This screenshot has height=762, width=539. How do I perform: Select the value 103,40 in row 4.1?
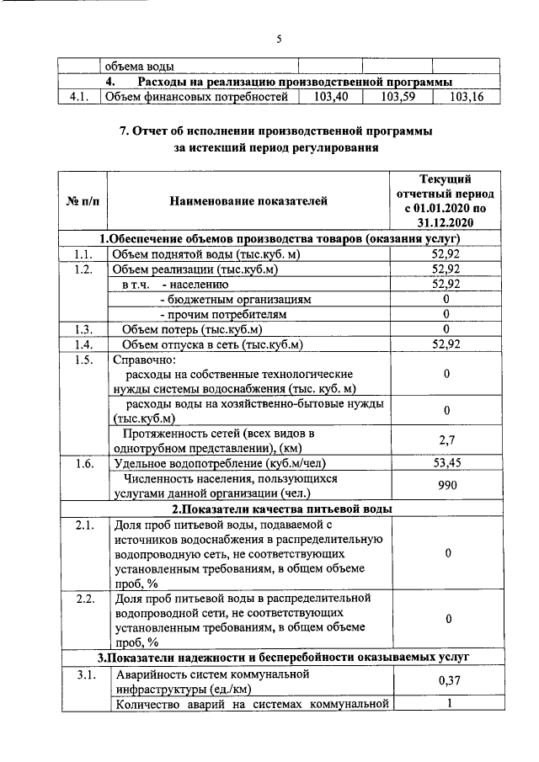(330, 97)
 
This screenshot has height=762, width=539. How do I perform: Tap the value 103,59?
(398, 97)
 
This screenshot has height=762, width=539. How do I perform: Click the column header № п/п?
(83, 200)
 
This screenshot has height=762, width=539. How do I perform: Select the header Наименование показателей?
(248, 200)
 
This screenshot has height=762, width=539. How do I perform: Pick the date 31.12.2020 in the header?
(446, 222)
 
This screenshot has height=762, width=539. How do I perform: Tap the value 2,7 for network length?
(446, 440)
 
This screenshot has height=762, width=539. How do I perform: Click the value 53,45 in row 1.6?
(446, 463)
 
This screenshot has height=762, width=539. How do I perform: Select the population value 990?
(446, 486)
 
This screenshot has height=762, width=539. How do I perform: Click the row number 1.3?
(82, 329)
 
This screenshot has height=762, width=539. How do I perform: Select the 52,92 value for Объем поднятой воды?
(446, 254)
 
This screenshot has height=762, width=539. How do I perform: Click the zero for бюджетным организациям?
(446, 299)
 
